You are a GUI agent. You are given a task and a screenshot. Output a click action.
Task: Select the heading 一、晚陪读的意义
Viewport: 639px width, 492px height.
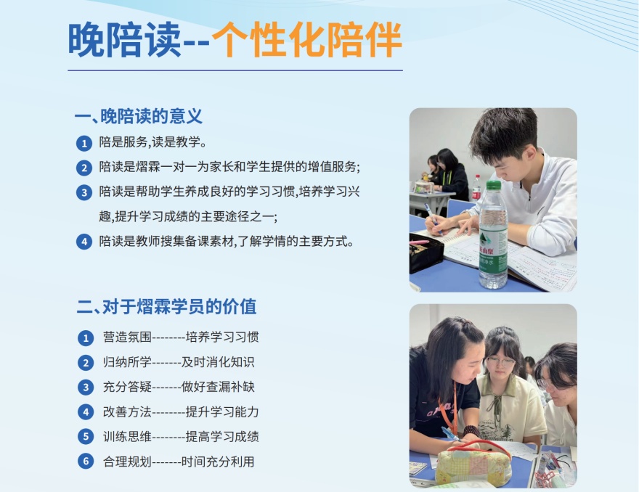pos(139,116)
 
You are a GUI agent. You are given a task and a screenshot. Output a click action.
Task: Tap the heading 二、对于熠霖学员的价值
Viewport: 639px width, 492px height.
pos(166,306)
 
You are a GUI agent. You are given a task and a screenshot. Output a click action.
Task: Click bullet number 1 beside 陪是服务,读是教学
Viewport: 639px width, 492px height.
pos(85,143)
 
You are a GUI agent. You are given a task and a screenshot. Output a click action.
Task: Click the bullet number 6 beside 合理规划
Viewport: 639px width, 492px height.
pos(86,461)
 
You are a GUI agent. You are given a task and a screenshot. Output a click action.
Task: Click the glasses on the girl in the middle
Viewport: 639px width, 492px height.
pos(501,361)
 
